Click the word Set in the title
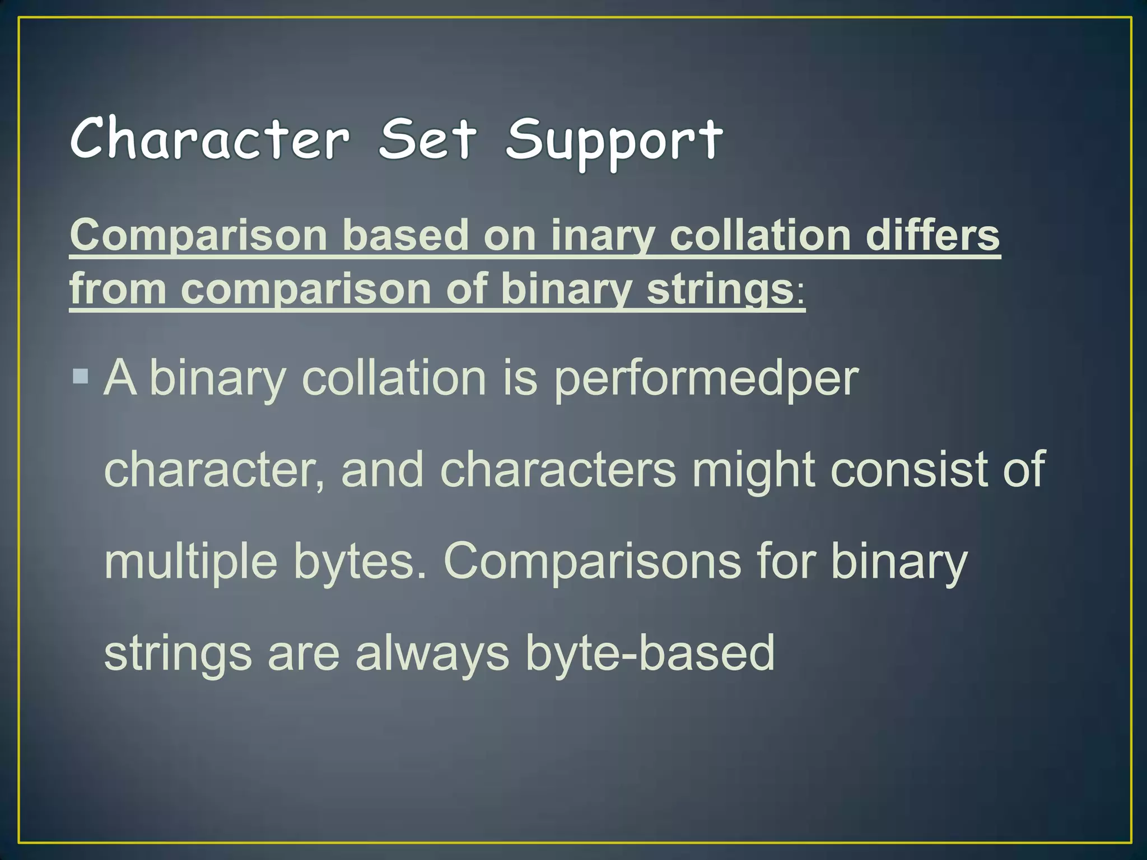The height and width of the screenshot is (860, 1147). (427, 139)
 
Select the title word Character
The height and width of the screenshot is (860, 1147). (210, 139)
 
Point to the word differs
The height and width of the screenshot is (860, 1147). (932, 235)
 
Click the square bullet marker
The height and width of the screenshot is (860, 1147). (81, 376)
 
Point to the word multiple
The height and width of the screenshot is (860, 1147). (190, 562)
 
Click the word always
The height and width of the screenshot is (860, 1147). (432, 653)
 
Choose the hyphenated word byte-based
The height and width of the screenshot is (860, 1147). (650, 653)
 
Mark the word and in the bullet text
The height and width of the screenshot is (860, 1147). (383, 469)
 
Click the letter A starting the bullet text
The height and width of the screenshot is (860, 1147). (120, 377)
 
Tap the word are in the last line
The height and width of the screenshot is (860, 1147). (303, 653)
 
